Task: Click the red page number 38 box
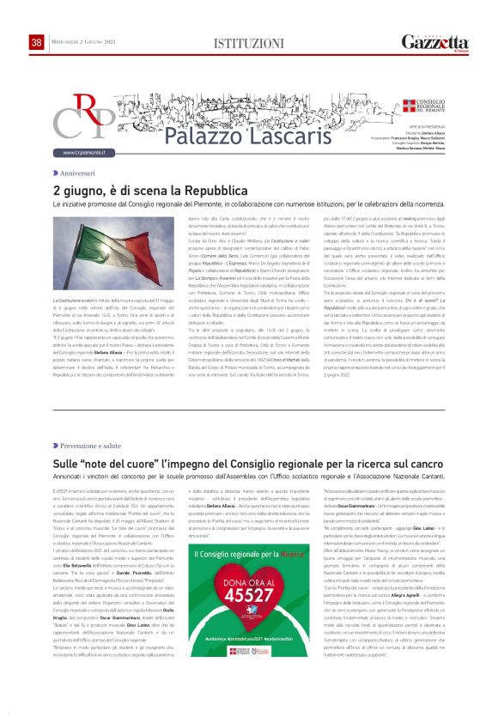click(36, 42)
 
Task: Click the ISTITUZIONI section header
click(249, 43)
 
